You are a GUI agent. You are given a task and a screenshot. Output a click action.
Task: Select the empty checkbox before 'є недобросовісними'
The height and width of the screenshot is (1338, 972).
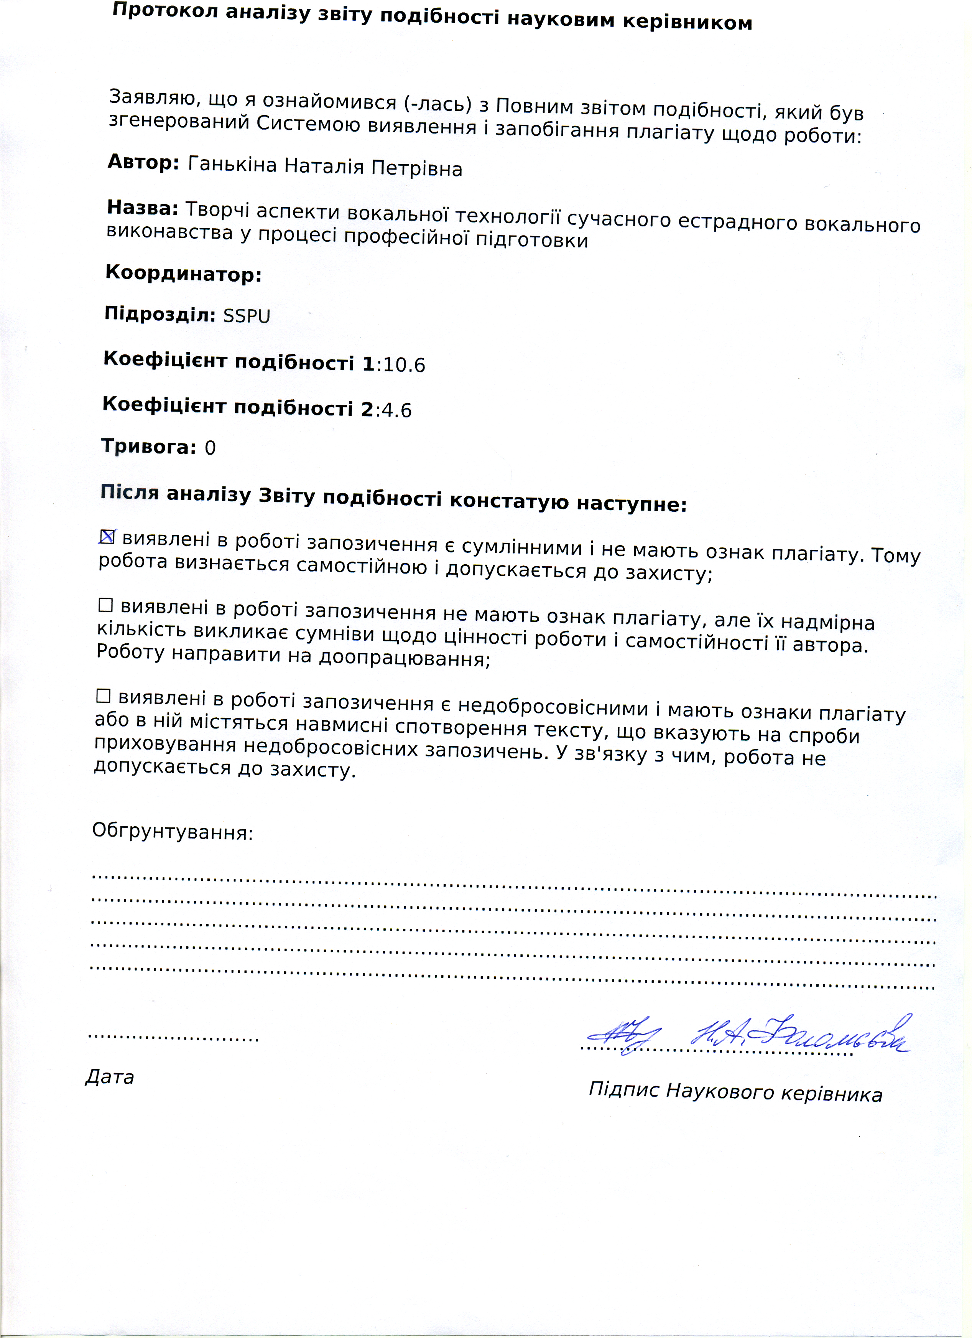pyautogui.click(x=103, y=696)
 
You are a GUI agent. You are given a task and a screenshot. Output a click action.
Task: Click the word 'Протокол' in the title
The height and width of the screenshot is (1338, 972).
pyautogui.click(x=151, y=12)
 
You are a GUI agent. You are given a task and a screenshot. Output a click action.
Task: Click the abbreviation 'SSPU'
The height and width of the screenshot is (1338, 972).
pyautogui.click(x=247, y=316)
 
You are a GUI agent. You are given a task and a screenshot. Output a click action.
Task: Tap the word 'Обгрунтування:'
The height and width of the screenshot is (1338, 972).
pyautogui.click(x=172, y=832)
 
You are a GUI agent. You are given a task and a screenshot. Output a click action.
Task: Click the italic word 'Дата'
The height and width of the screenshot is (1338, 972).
pyautogui.click(x=110, y=1077)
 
